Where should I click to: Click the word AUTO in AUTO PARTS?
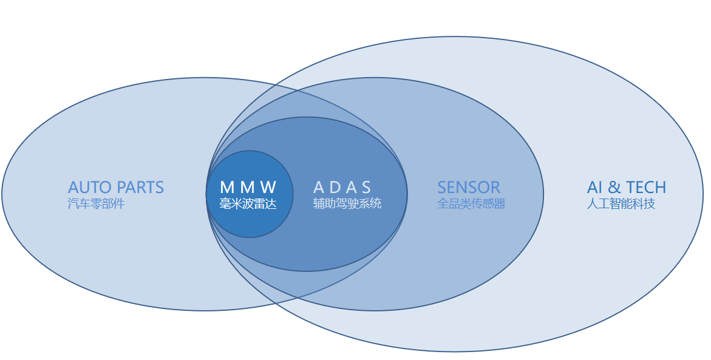coord(87,187)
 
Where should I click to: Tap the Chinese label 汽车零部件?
coord(96,203)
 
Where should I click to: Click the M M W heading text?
coord(248,187)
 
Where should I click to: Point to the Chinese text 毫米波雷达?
coord(248,203)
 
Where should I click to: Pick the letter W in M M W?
coord(268,187)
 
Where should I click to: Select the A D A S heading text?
coord(342,187)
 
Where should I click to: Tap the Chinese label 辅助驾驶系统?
coord(347,203)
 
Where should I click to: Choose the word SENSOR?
coord(469,187)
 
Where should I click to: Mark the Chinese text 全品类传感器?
coord(471,203)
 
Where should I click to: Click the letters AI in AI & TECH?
coord(594,187)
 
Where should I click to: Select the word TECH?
coord(646,187)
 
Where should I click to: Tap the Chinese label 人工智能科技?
coord(621,203)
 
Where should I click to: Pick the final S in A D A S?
coord(366,187)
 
